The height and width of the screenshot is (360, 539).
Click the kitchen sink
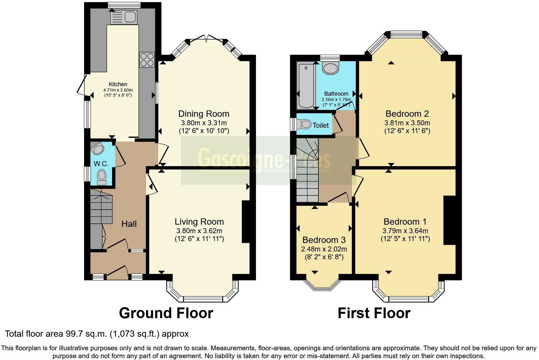point(124,17)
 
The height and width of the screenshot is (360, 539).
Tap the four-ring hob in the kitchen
point(147,60)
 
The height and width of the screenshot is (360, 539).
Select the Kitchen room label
point(118,84)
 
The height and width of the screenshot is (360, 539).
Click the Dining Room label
point(204,114)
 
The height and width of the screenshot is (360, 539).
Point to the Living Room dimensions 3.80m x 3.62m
point(199,231)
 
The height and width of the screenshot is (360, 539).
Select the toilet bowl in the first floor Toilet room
point(304,124)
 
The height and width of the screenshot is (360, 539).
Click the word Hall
point(129,224)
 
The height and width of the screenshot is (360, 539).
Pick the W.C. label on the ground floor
point(101,164)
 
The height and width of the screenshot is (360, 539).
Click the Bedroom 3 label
point(324,240)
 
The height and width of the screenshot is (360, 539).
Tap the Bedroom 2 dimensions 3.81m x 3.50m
point(407,123)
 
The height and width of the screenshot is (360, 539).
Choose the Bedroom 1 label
point(405,222)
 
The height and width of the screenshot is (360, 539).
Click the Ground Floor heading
point(166,313)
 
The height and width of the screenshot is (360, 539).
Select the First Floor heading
point(374,313)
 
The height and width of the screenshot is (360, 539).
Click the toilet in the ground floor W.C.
point(102,177)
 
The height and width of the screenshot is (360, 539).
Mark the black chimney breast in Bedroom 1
point(450,220)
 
